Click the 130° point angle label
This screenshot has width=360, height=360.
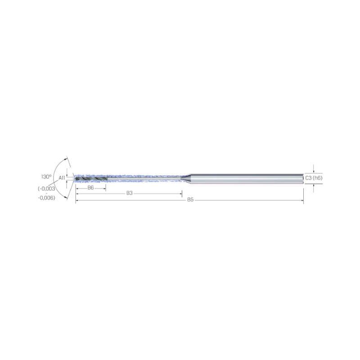(x=46, y=176)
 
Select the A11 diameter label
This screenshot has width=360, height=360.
(x=62, y=178)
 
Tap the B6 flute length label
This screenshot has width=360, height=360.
(x=91, y=188)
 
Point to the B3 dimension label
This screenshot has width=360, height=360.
(x=130, y=193)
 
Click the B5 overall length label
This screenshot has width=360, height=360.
(x=190, y=200)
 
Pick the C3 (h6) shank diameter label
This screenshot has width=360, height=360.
(x=314, y=178)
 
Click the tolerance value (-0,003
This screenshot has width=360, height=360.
(x=47, y=189)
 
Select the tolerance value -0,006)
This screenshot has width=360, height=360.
(x=47, y=198)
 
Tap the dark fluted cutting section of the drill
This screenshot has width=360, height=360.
(x=91, y=178)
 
